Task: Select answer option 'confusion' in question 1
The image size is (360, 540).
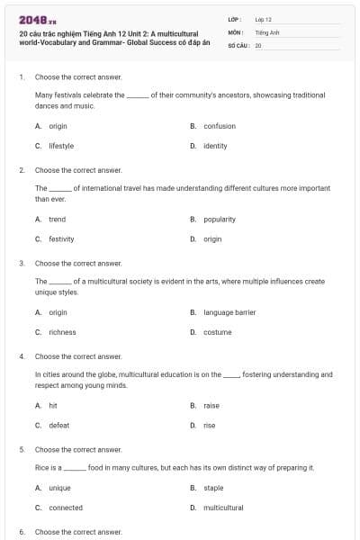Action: (220, 126)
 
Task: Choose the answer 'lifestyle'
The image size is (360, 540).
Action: (61, 145)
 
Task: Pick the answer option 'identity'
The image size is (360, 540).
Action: (215, 145)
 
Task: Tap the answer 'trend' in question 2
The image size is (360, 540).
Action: (57, 219)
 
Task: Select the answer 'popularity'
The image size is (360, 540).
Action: (220, 219)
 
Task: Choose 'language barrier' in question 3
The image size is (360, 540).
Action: (229, 312)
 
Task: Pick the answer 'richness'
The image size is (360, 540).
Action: (62, 332)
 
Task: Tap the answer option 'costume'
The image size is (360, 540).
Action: (218, 332)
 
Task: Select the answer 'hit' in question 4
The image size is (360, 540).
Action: (53, 406)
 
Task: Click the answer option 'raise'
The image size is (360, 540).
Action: (211, 406)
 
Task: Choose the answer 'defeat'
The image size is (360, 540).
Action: (58, 425)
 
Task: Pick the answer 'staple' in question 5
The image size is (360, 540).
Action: (213, 488)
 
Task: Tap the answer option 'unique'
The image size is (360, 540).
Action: (59, 488)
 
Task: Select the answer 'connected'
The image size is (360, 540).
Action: (66, 508)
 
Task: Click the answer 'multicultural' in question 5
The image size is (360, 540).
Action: (223, 508)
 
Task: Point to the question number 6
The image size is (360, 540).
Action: (22, 532)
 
